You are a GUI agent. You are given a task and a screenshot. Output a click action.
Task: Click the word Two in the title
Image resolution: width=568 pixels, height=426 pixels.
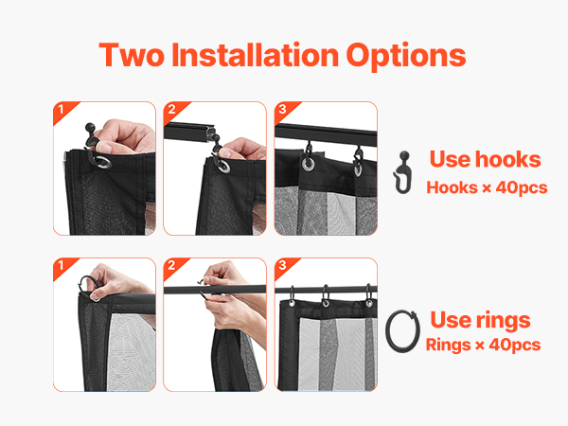[x=132, y=55]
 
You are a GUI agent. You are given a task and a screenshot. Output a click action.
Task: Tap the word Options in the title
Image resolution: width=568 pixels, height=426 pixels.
[x=406, y=57]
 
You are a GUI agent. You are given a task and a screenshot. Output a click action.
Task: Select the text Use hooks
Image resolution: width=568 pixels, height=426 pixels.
[x=485, y=159]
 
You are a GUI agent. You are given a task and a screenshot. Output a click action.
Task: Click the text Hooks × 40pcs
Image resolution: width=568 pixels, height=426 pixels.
[x=487, y=187]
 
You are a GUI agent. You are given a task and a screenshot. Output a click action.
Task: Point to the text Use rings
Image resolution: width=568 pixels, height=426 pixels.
[x=480, y=320]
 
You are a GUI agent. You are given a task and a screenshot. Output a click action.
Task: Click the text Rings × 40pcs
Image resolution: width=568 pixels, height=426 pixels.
[x=483, y=345]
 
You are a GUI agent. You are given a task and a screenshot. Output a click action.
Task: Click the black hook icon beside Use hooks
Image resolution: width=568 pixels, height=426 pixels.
[x=402, y=172]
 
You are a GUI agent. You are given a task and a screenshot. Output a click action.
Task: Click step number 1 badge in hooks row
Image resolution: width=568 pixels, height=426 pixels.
[x=61, y=110]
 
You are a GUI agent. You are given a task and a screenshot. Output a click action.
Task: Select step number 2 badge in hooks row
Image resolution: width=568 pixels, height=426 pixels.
[x=171, y=110]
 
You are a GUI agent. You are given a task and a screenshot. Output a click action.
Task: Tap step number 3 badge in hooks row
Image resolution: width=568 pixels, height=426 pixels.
[x=282, y=110]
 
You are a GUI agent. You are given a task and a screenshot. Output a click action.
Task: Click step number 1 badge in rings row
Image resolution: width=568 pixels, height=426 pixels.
[x=61, y=265]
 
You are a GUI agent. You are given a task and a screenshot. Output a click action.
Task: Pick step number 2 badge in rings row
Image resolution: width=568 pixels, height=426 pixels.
[x=171, y=265]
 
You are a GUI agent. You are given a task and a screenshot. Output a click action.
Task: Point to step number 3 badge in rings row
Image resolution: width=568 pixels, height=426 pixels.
[x=282, y=265]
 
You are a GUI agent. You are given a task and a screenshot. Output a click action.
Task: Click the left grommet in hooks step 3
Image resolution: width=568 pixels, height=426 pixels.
[x=309, y=164]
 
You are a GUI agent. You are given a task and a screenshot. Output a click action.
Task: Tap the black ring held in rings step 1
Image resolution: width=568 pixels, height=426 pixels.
[x=82, y=283]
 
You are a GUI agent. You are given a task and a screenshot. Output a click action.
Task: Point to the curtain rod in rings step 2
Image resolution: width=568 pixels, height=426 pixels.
[x=215, y=290]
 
